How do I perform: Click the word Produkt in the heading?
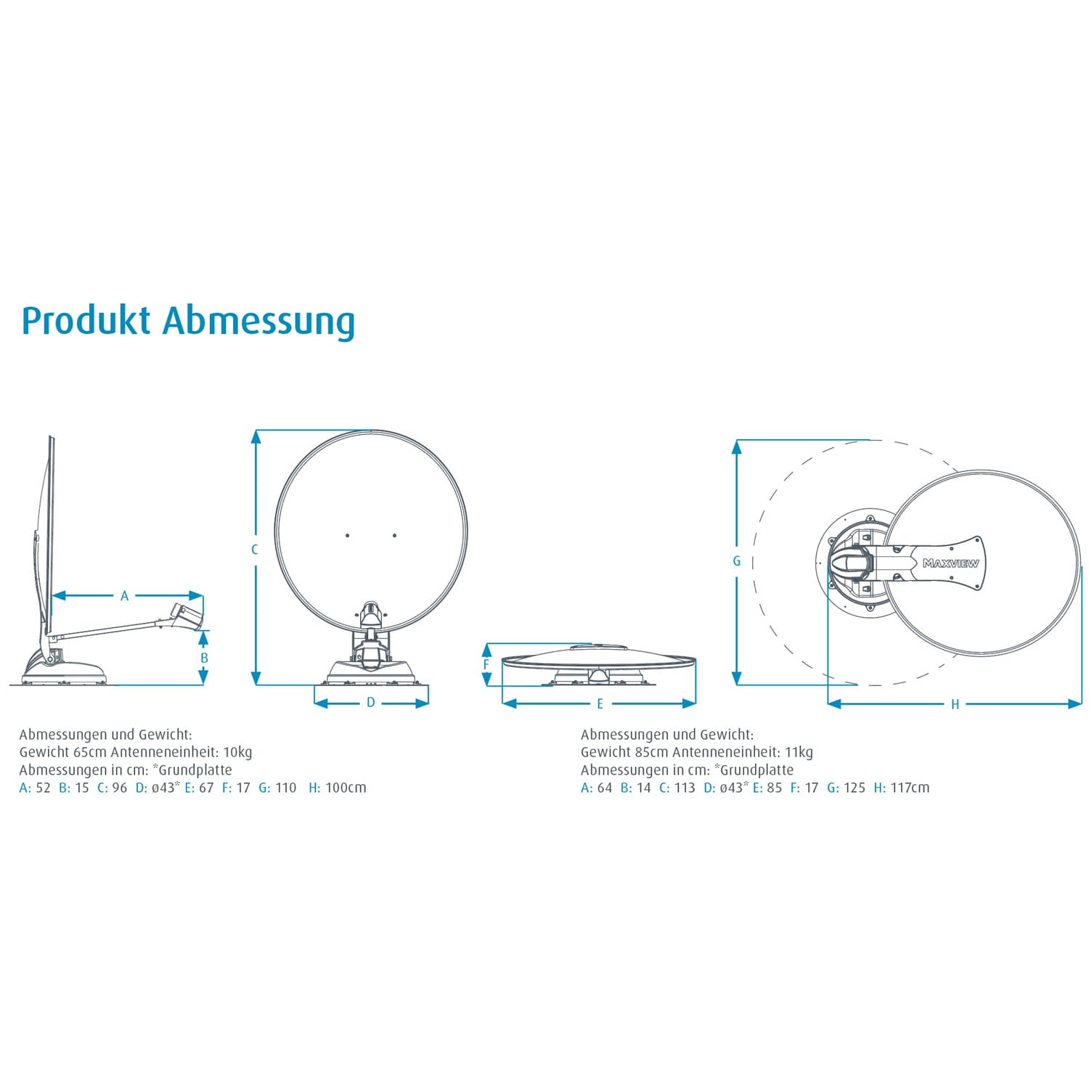[x=86, y=321]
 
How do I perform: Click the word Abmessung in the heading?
[x=258, y=321]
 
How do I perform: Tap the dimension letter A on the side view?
[x=124, y=596]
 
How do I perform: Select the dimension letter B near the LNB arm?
[x=204, y=658]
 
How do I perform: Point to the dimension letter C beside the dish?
[x=255, y=550]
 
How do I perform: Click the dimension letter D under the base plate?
[x=370, y=703]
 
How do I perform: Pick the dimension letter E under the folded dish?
[x=600, y=703]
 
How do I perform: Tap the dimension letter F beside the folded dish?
[x=486, y=664]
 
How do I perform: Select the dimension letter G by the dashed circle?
[x=736, y=561]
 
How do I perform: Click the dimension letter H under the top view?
[x=955, y=704]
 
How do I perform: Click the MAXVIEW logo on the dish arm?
[x=950, y=563]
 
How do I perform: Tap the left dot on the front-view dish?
[x=347, y=536]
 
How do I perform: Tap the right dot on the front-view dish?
[x=394, y=536]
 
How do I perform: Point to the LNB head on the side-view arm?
[x=185, y=614]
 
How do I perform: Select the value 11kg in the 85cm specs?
[x=799, y=752]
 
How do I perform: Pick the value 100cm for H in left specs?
[x=346, y=788]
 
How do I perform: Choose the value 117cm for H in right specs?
[x=910, y=788]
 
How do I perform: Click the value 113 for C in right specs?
[x=684, y=788]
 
